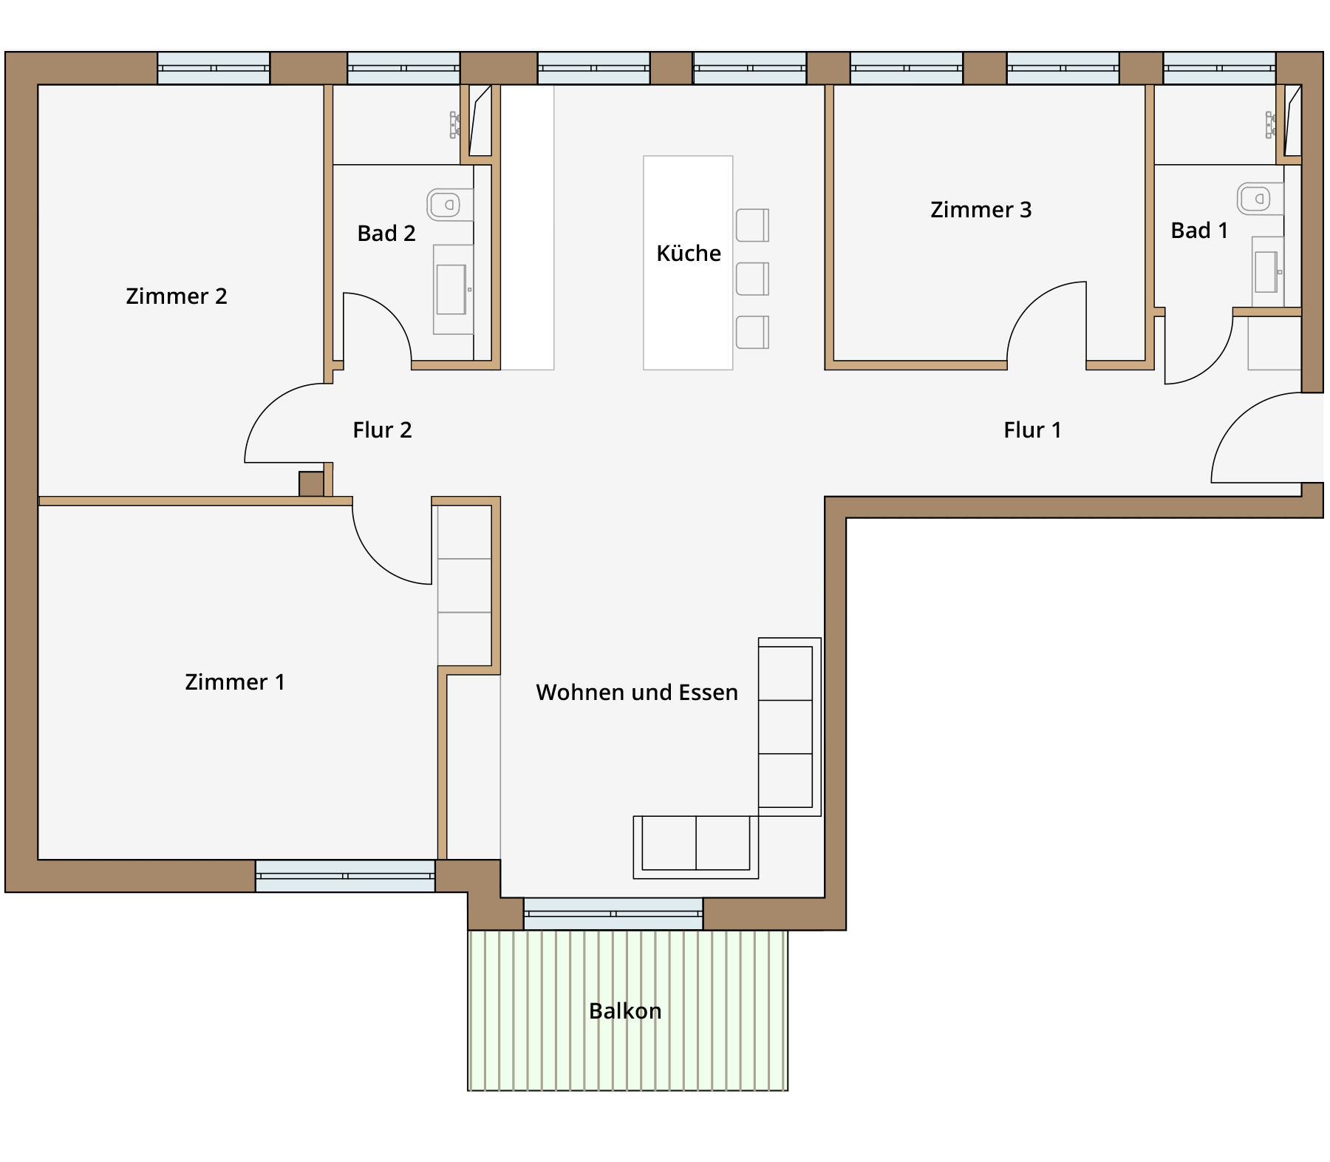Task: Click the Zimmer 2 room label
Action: pos(177,296)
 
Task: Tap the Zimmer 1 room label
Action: pos(235,682)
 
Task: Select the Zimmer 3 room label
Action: pos(981,209)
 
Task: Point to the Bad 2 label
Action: pos(386,233)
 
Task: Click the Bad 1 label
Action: pos(1199,230)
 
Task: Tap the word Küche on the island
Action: pos(689,253)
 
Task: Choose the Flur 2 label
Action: pos(382,429)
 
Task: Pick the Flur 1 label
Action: pos(1032,429)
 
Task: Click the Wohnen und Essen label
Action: pos(637,692)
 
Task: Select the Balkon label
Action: pos(625,1010)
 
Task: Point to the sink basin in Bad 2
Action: pos(451,290)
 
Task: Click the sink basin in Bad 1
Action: pos(1266,272)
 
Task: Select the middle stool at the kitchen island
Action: pos(752,279)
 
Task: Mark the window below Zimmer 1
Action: pos(345,876)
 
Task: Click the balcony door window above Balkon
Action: pos(613,914)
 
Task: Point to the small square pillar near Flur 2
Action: pos(311,484)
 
